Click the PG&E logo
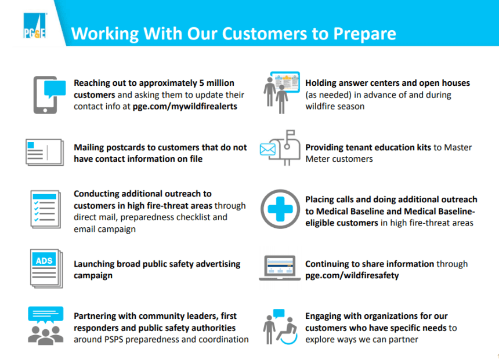coord(35,26)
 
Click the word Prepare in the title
coord(365,34)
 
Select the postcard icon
coord(45,152)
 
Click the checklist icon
coord(45,209)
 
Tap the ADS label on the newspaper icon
coord(44,261)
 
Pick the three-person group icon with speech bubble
coord(45,326)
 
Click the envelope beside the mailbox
coord(267,149)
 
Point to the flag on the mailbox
coord(290,133)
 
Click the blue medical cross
coord(280,209)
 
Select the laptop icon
coord(280,268)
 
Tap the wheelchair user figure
coord(287,331)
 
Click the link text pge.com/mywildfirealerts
coord(185,107)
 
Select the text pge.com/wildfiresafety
coord(352,275)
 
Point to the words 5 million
coord(217,83)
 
